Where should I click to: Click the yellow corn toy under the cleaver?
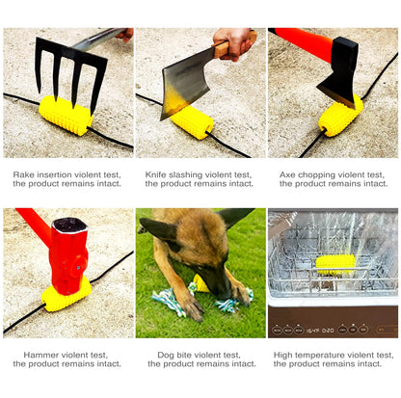[x=191, y=122]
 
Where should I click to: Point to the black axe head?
[x=340, y=71]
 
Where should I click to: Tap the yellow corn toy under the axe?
[x=339, y=118]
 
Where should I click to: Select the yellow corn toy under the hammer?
[x=67, y=294]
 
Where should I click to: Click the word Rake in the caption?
[x=23, y=175]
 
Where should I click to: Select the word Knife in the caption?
[x=156, y=175]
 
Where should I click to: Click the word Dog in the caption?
[x=166, y=355]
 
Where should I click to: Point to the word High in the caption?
[x=283, y=355]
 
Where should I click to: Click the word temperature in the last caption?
[x=321, y=355]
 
